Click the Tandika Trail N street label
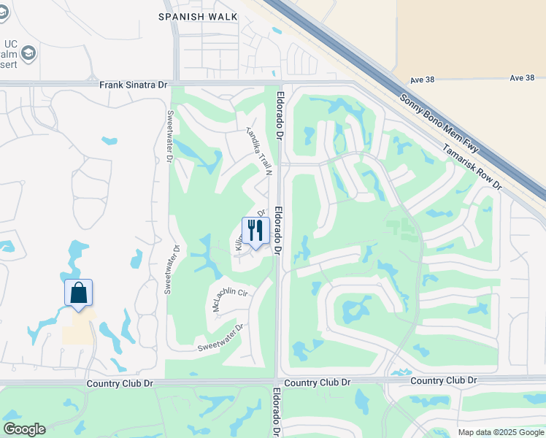(x=258, y=151)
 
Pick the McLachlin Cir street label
(x=230, y=300)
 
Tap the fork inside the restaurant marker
(x=251, y=230)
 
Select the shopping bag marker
(x=78, y=293)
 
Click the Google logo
(x=24, y=429)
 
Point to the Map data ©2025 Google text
(x=501, y=432)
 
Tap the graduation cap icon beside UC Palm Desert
(x=28, y=53)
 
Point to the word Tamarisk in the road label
(x=458, y=155)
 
